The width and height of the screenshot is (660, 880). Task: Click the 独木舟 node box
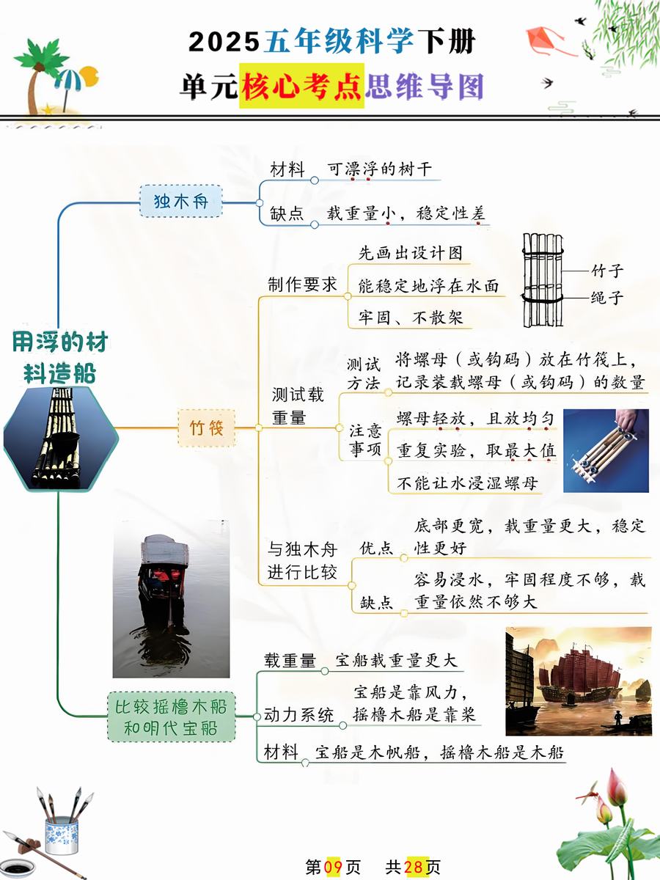(x=180, y=201)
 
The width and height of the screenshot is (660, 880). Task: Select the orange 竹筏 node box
(x=206, y=428)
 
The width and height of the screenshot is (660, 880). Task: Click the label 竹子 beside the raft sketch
(x=607, y=271)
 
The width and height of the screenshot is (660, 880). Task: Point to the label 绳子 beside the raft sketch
(x=606, y=298)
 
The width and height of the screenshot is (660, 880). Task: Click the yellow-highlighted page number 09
(x=333, y=868)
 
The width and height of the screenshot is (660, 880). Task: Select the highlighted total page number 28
(x=414, y=868)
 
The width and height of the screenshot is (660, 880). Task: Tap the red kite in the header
(x=547, y=41)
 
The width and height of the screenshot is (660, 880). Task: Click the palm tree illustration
(x=38, y=72)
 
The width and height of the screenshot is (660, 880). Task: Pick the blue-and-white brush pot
(x=61, y=835)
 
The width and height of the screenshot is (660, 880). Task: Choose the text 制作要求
(x=301, y=285)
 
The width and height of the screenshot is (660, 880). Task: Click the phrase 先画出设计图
(x=411, y=253)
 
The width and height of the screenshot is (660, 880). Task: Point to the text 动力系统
(x=298, y=715)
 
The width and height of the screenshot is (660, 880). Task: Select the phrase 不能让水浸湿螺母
(x=467, y=483)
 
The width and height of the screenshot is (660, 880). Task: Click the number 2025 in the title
(x=224, y=42)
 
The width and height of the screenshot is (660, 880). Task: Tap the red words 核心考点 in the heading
(x=301, y=86)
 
